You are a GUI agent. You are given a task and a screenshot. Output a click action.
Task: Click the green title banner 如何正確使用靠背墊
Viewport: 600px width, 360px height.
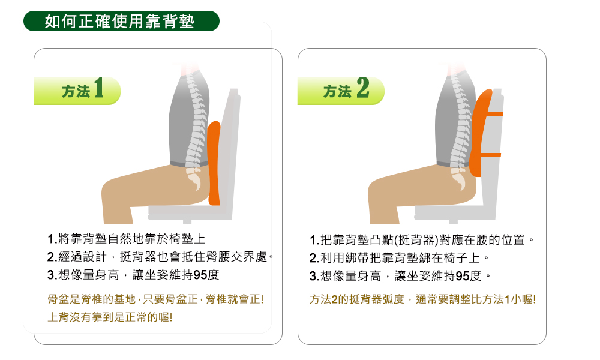click(x=121, y=21)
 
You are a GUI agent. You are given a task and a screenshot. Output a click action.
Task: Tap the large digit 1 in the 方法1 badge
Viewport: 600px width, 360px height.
click(x=99, y=88)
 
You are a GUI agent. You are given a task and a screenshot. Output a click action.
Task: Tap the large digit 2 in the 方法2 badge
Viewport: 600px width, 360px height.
click(x=363, y=88)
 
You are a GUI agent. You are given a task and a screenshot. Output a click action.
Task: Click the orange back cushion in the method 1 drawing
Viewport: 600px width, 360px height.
click(x=214, y=163)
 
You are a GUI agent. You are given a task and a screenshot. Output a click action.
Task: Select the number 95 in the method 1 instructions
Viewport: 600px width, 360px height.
click(x=200, y=275)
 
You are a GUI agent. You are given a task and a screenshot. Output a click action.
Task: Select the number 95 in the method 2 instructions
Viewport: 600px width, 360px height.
click(x=463, y=276)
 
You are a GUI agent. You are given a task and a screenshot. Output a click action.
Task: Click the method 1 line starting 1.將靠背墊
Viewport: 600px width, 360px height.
click(x=126, y=239)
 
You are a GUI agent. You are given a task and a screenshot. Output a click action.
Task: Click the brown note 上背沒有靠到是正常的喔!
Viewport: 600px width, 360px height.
click(x=110, y=317)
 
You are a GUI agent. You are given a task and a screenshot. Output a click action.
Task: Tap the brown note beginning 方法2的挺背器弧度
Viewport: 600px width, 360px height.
click(x=422, y=299)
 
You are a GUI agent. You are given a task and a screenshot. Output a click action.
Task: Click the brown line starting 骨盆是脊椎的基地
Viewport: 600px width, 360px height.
click(x=156, y=299)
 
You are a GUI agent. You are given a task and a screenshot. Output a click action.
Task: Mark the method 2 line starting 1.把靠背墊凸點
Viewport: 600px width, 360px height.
click(x=422, y=240)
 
